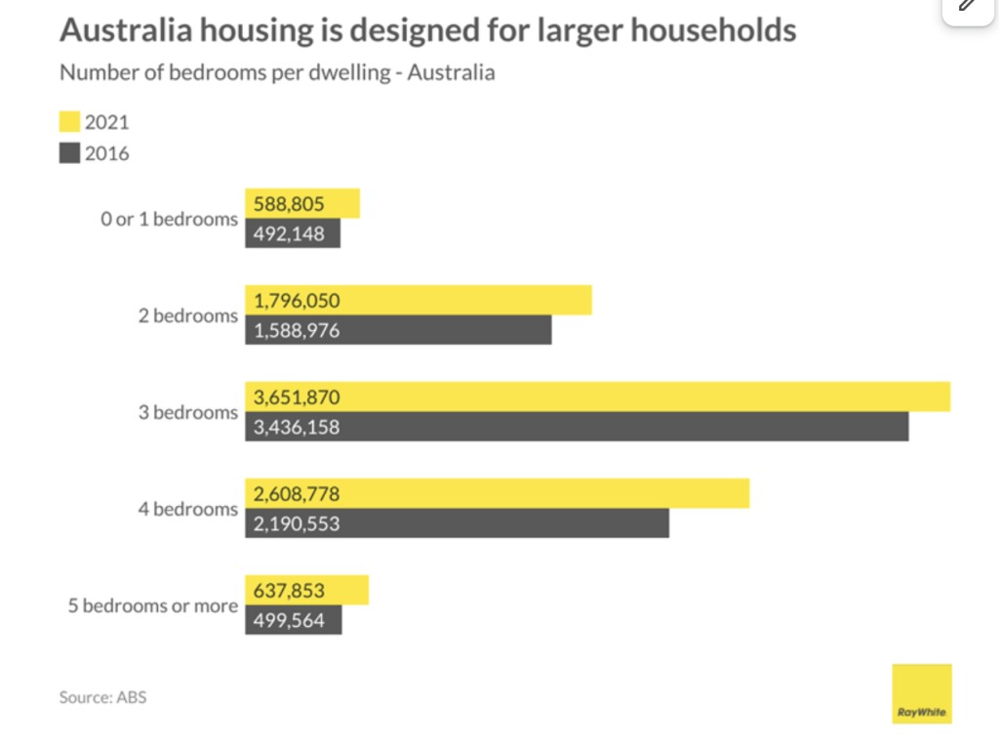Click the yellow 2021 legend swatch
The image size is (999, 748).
69,123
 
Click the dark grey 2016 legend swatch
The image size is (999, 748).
69,153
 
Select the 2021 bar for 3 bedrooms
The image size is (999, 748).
597,397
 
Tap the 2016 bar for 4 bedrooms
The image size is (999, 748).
457,523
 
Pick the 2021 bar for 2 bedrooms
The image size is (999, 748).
419,301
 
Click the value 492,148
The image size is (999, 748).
289,233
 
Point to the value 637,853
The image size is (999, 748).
289,591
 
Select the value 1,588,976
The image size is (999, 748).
297,330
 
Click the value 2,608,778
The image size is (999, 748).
297,494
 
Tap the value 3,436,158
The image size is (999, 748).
297,427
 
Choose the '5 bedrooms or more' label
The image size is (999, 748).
152,605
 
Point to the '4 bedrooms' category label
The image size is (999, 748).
187,509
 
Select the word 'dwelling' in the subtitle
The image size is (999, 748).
354,73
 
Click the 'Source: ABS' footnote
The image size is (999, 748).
102,697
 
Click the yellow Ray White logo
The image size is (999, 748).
921,693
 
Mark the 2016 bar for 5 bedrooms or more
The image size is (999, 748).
293,620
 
